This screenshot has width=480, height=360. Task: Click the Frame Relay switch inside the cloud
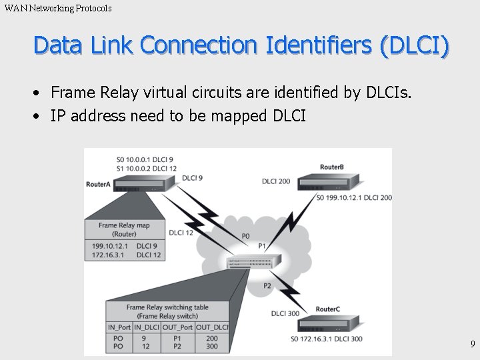[250, 263]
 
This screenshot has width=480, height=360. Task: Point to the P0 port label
[245, 236]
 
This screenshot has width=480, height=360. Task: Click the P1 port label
[262, 247]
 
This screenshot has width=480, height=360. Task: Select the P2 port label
[267, 285]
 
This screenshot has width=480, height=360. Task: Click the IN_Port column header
[119, 327]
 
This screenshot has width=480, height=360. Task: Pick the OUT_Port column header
[177, 327]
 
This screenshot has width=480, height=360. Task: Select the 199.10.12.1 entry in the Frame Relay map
[109, 245]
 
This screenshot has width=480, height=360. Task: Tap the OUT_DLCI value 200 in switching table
[211, 338]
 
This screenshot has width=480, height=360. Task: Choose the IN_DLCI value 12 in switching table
[146, 347]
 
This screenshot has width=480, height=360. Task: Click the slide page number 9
[472, 344]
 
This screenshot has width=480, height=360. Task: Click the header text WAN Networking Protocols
[58, 8]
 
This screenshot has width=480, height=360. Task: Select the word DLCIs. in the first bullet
[389, 92]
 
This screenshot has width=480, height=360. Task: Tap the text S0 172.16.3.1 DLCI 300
[327, 339]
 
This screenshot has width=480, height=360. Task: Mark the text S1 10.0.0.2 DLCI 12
[145, 169]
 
